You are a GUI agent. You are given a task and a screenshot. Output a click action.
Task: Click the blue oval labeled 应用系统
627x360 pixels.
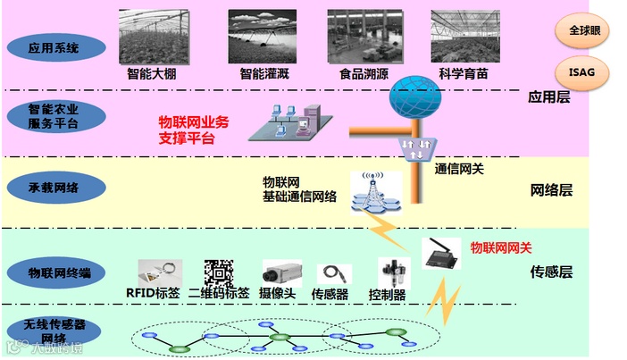coord(54,46)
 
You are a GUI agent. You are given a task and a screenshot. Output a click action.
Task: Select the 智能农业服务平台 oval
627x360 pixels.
coord(54,115)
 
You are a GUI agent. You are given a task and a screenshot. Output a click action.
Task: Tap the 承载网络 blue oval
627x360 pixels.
coord(54,188)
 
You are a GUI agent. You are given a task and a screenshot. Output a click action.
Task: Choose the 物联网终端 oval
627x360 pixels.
coord(54,272)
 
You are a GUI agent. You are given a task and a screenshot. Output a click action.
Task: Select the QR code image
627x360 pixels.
coord(218,272)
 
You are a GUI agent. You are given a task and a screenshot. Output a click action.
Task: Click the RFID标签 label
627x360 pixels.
coord(153,293)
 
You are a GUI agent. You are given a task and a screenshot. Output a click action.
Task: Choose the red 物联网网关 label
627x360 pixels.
coord(501,247)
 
